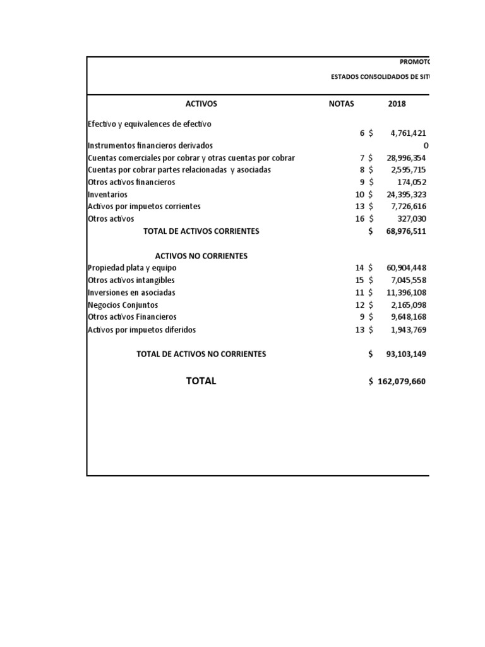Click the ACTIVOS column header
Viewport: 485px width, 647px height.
click(x=201, y=104)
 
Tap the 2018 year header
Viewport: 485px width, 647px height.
click(x=397, y=104)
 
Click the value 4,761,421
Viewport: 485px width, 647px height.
click(x=405, y=133)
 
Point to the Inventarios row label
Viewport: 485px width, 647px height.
click(x=107, y=195)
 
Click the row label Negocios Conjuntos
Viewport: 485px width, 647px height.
click(x=123, y=305)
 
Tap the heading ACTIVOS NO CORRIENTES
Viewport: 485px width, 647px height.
click(x=201, y=256)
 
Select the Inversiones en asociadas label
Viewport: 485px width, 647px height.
click(x=131, y=293)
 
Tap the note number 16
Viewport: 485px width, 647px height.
click(x=360, y=219)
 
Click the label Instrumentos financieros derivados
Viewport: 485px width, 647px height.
click(x=150, y=145)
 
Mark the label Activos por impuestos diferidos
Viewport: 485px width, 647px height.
click(x=141, y=330)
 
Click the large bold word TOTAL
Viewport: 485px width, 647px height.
click(x=201, y=381)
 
